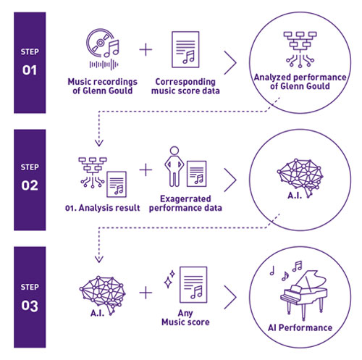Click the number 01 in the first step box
point(30,70)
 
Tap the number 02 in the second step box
point(30,185)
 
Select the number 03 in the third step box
point(30,306)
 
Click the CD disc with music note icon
point(103,49)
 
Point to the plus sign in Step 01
point(146,50)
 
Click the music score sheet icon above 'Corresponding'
point(185,49)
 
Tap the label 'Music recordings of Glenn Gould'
point(103,86)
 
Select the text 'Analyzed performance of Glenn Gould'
point(300,82)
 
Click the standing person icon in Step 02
point(174,167)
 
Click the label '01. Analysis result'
point(102,208)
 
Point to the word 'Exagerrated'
point(185,198)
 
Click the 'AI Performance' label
point(300,327)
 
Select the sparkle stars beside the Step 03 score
point(169,279)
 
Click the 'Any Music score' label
point(185,317)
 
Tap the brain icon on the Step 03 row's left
point(103,295)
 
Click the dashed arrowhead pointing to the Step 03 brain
point(99,259)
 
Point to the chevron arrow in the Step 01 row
point(230,63)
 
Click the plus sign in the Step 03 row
point(146,293)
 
